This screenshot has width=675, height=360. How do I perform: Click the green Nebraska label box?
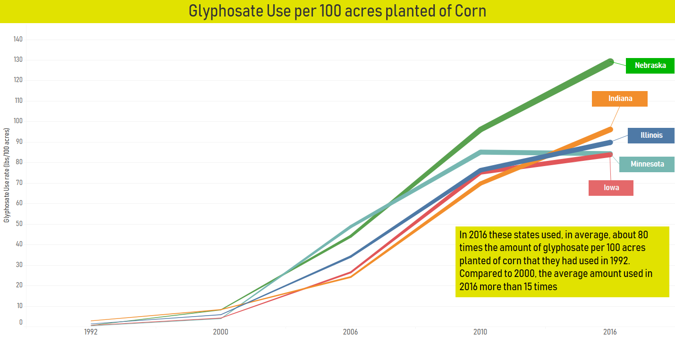point(650,66)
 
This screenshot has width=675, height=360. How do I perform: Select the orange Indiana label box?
point(620,99)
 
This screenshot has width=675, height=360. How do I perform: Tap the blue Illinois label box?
point(651,135)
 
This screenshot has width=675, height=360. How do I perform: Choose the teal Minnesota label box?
point(647,164)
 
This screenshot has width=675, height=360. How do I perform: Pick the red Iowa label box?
point(611,188)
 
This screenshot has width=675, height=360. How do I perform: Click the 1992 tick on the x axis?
point(91,332)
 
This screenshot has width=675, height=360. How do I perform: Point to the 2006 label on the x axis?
point(350,332)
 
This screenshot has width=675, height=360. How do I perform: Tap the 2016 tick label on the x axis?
point(610,332)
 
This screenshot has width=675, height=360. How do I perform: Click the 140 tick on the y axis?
point(18,39)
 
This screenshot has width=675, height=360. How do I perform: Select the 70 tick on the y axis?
point(19,183)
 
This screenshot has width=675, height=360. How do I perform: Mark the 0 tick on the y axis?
point(21,323)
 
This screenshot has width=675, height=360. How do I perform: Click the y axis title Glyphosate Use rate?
point(7,175)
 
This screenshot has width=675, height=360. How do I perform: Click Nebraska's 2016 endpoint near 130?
point(610,62)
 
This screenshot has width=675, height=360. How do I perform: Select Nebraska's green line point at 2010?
point(481,129)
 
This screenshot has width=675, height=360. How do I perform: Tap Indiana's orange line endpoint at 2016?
point(610,129)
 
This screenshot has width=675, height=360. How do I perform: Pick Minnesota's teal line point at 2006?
point(350,226)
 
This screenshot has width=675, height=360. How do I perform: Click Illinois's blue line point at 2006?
point(350,257)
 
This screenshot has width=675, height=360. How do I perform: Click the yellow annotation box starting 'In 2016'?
point(562,262)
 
